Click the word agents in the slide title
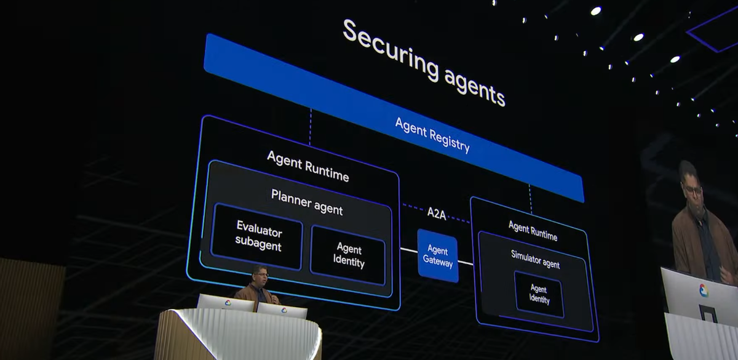(x=475, y=88)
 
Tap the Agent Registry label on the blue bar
(x=432, y=135)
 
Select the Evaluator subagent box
(x=256, y=237)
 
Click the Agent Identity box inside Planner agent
(x=348, y=255)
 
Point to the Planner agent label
(x=307, y=202)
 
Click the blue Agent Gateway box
(x=438, y=256)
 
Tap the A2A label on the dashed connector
(x=437, y=214)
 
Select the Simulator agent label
(x=535, y=259)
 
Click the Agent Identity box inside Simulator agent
(x=539, y=294)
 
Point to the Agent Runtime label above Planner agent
(x=307, y=166)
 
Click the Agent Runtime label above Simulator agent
(x=533, y=231)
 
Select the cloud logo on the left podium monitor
(x=228, y=303)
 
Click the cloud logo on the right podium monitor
(x=284, y=310)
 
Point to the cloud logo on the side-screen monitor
(x=704, y=290)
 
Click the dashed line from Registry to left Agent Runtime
(x=310, y=127)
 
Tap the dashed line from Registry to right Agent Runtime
(x=530, y=199)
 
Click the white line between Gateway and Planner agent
(x=409, y=250)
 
